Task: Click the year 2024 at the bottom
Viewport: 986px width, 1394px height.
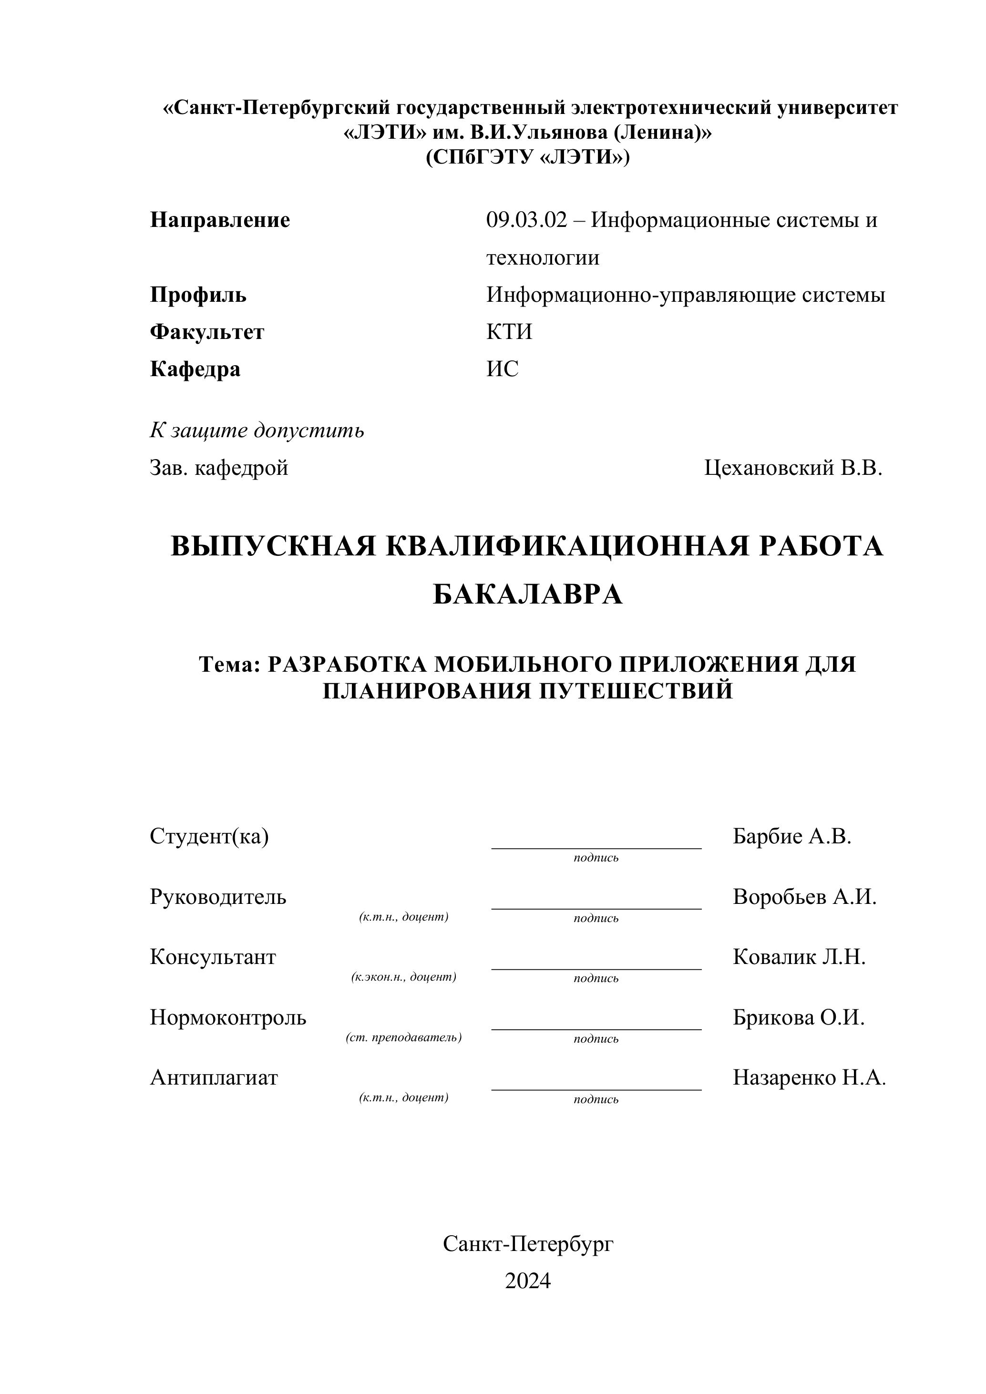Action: pos(528,1281)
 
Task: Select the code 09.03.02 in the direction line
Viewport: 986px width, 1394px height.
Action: pos(526,220)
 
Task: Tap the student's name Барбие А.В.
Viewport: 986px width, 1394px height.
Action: pos(792,837)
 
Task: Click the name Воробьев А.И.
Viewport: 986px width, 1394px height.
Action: pos(804,897)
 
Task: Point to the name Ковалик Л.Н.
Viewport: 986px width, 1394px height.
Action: pos(799,957)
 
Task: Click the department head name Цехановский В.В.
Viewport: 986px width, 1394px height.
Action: pos(793,468)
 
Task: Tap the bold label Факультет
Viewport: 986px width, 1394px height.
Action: pos(207,332)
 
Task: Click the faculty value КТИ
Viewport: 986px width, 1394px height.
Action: pos(509,332)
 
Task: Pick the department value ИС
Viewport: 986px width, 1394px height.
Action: pos(502,369)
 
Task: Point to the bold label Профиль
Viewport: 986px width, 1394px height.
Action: pos(198,295)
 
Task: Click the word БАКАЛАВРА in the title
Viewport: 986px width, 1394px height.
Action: pos(528,594)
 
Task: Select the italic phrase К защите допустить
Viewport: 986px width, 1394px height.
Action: pos(257,430)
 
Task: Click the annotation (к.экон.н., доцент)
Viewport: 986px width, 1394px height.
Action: pos(404,977)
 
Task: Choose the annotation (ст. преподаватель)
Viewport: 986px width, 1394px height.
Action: pos(404,1037)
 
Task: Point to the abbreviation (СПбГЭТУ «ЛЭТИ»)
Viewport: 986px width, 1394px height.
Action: pos(528,157)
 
